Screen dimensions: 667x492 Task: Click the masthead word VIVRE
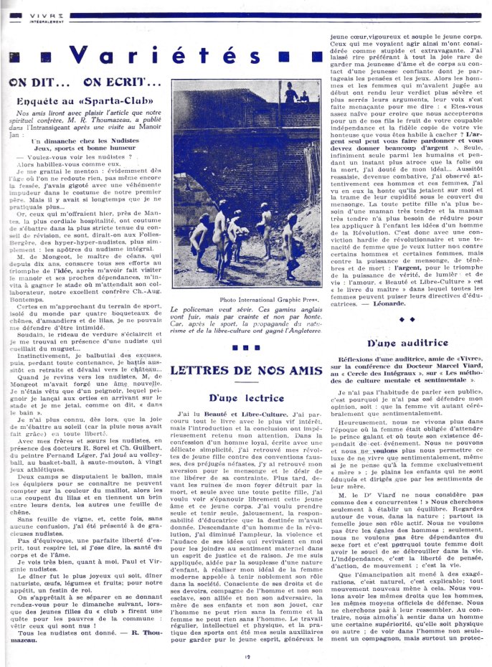coord(25,14)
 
